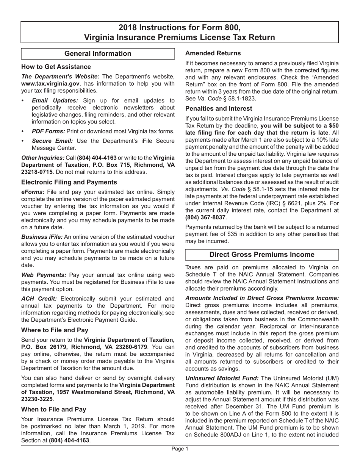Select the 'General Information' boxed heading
tap(98, 54)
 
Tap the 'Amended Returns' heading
tap(213, 53)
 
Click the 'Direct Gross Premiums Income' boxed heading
tap(262, 255)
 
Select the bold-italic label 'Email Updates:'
tap(55, 100)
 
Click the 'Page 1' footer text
tap(180, 449)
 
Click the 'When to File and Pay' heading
tap(53, 409)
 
